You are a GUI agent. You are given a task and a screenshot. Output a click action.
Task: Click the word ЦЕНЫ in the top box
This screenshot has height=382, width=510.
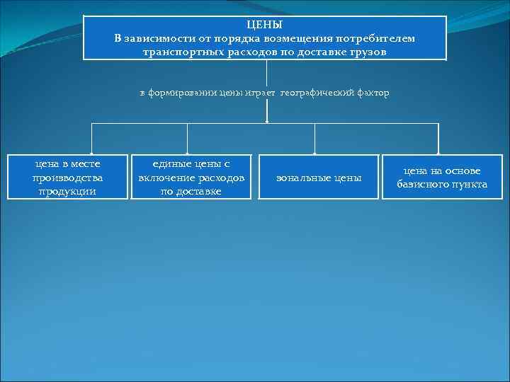(x=264, y=24)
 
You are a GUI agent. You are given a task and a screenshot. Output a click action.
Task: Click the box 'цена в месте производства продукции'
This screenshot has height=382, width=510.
(x=68, y=177)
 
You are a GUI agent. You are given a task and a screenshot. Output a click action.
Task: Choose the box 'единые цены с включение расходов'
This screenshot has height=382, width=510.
(x=191, y=177)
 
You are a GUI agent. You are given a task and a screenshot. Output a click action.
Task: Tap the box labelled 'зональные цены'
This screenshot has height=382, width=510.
(x=319, y=177)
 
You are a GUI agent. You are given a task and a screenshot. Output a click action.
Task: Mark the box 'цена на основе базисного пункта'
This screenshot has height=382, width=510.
(x=441, y=177)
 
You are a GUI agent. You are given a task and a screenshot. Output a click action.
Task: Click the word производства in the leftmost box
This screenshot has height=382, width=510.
(x=67, y=177)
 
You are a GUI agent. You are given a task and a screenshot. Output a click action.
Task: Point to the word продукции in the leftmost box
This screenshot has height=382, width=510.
(x=67, y=190)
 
